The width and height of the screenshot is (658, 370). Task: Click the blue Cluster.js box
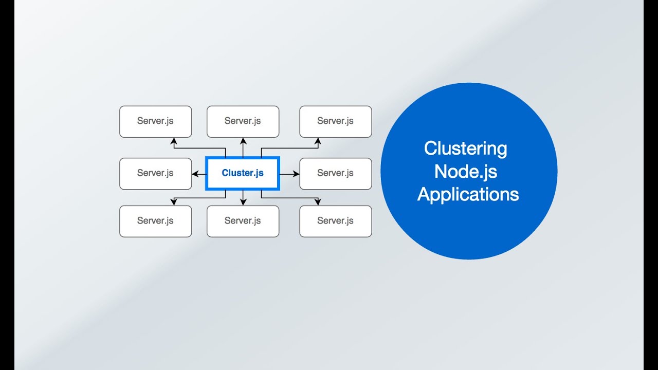(243, 173)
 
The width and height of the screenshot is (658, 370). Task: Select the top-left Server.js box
(155, 122)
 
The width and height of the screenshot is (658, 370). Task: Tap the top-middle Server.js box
(243, 122)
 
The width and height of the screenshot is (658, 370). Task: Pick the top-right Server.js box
(335, 122)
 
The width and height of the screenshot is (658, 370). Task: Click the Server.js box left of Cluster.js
(155, 174)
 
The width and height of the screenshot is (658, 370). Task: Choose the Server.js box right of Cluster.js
(335, 174)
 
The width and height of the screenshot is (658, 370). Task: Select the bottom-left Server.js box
(155, 221)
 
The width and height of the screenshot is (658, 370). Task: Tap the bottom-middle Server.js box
(243, 221)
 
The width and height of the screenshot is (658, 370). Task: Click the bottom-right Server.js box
(335, 221)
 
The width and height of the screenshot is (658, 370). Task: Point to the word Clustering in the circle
(466, 149)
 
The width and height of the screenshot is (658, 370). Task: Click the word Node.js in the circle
(466, 171)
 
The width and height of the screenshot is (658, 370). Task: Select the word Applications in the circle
(468, 194)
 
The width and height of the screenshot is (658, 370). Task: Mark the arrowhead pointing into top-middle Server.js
(243, 140)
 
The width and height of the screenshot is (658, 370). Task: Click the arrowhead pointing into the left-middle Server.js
(195, 174)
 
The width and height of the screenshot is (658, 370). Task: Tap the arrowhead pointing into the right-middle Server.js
(296, 174)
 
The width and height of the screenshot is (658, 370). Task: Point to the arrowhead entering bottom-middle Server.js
(243, 202)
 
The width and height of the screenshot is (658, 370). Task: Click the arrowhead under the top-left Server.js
(174, 140)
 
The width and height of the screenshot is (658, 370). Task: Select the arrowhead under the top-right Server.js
(318, 140)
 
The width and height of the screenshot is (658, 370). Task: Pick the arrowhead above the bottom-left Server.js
(174, 202)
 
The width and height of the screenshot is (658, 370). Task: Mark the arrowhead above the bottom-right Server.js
(318, 202)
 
